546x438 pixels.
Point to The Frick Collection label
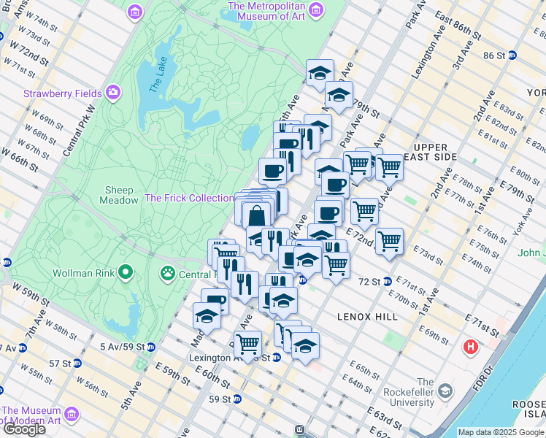189,198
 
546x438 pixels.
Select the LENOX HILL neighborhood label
367,317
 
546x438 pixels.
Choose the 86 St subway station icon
512,55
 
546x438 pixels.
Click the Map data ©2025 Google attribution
501,432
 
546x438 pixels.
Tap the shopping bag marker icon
257,216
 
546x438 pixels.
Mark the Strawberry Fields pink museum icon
113,93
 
